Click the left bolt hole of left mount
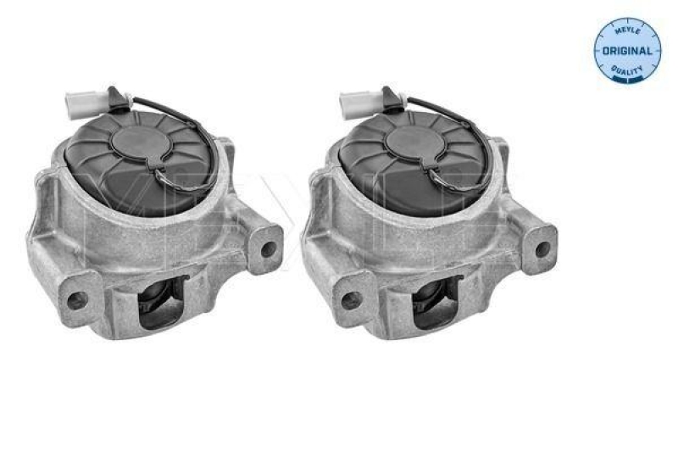pos(75,299)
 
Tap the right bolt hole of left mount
pos(270,249)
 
